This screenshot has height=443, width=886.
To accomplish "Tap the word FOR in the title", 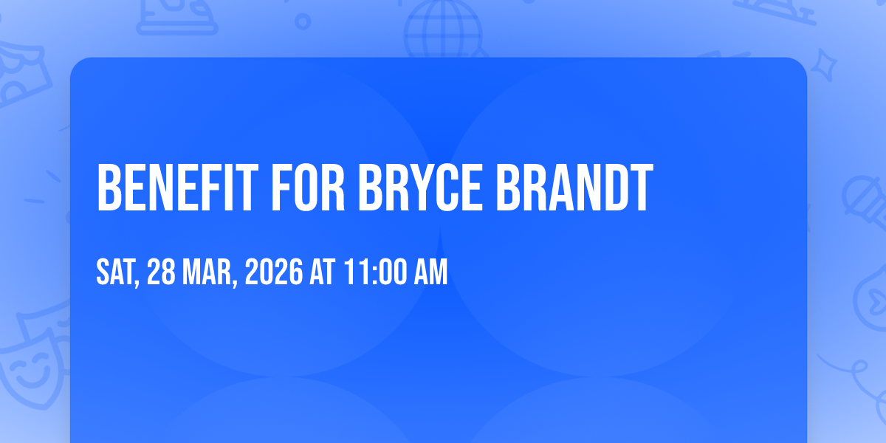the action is pos(308,188).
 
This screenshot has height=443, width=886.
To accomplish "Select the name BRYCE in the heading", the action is pos(420,188).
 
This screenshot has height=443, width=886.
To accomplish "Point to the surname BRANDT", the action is pos(574,188).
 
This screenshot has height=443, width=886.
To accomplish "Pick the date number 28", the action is pos(161,272).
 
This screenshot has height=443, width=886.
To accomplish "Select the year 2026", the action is pos(274,272).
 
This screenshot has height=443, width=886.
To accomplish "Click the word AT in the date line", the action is pos(323,272).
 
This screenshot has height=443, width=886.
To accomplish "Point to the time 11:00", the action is pos(376,272).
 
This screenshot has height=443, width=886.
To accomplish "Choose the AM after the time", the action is pos(430,272).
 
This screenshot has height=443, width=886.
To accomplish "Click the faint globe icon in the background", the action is pos(443,30).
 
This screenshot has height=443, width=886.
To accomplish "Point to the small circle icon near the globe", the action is pos(303,21).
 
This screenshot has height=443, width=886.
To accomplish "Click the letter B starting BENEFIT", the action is pos(109,188).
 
